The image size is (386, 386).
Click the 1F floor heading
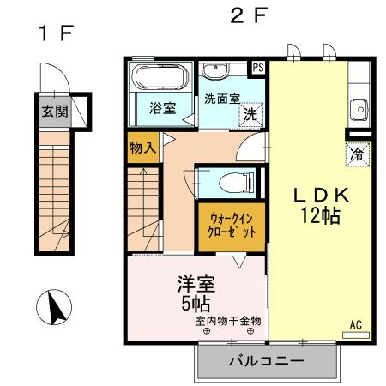tap(55, 34)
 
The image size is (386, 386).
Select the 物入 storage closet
tap(142, 148)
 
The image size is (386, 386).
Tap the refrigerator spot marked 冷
tap(357, 155)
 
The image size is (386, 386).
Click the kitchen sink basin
tap(359, 109)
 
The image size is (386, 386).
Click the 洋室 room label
tap(196, 284)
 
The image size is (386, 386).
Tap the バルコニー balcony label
tap(265, 362)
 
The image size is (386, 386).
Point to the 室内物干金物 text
tap(227, 320)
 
